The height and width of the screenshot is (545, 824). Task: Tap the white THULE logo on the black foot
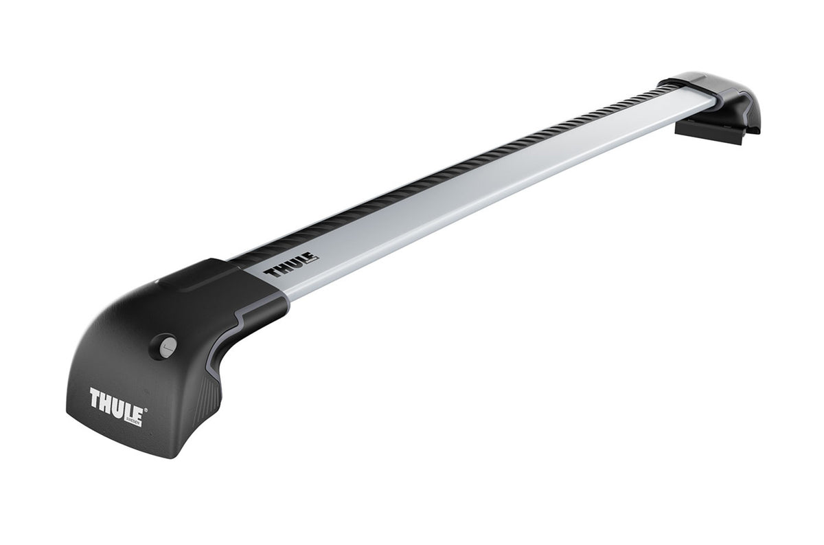(x=115, y=399)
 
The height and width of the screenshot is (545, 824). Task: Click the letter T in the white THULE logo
(x=96, y=397)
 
